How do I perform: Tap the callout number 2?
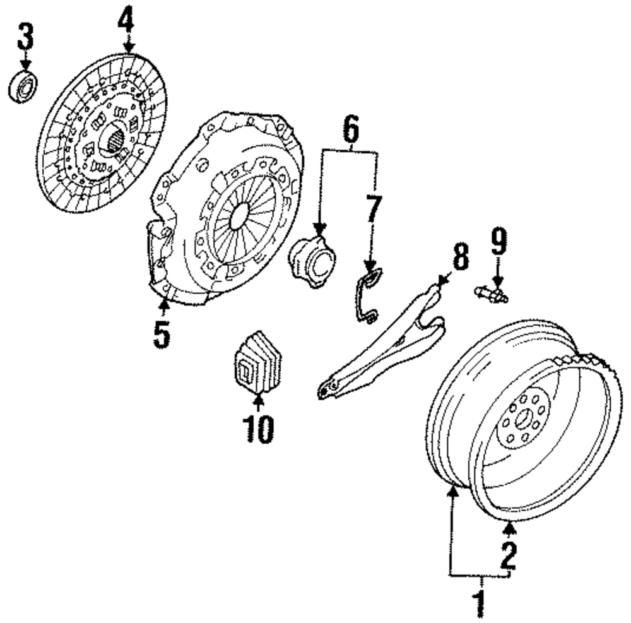tap(509, 555)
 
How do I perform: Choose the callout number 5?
tap(162, 334)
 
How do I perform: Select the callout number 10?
tap(258, 428)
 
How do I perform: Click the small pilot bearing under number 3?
tap(23, 87)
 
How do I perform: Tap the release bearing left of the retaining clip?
tap(312, 259)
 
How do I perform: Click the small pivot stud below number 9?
tap(491, 294)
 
